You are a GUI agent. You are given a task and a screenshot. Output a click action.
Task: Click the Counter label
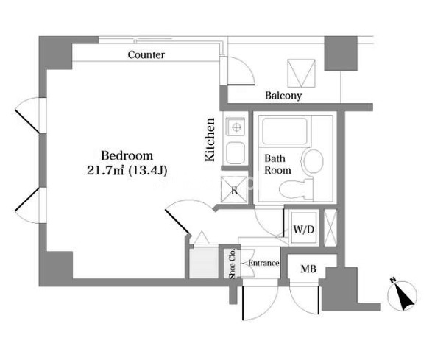coord(146,55)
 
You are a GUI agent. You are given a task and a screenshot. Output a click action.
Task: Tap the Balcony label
coord(283,96)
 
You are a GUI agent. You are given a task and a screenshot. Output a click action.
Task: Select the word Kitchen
coord(210,139)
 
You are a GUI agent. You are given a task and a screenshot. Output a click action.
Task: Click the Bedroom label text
coord(127,156)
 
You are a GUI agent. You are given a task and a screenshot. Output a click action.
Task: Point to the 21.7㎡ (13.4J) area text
coord(127,170)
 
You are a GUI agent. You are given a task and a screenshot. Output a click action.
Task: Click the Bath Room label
coord(277,164)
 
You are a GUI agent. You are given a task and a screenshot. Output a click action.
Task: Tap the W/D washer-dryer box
coord(304,228)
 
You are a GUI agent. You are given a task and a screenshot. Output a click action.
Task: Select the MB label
coord(308,269)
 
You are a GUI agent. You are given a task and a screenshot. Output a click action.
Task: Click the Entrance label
coord(263,263)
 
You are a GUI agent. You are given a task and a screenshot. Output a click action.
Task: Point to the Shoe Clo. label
coord(232,264)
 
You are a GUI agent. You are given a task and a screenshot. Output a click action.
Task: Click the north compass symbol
coord(402,295)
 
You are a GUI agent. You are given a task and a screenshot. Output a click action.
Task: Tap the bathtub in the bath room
coord(285,131)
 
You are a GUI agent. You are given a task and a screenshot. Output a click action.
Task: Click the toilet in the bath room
coord(296,189)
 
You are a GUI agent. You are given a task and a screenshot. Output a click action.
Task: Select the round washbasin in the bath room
coord(312,161)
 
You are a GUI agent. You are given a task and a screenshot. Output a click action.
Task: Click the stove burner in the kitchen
coord(236,127)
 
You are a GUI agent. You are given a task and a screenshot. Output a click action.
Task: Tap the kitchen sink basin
coord(236,152)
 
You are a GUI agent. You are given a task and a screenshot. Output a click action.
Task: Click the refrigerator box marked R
coord(234,190)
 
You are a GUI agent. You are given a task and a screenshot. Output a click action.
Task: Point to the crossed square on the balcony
coord(301,74)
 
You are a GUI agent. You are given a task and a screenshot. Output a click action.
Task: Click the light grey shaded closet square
coord(204,263)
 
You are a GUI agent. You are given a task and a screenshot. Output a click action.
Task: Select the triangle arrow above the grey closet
coord(202,238)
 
